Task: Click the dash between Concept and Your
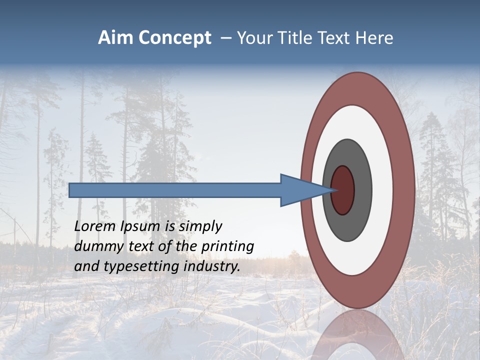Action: [x=225, y=38]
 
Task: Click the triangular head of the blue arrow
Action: [x=300, y=190]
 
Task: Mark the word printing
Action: [x=227, y=247]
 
